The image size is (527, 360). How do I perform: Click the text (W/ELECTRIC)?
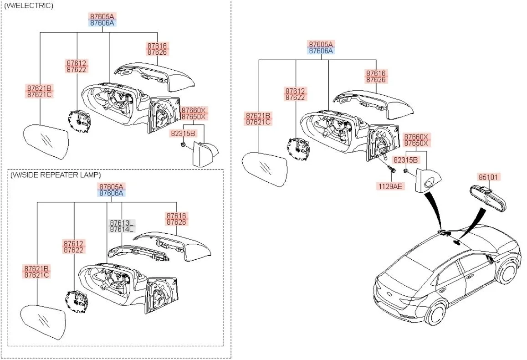click(x=28, y=5)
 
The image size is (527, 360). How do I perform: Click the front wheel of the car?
click(x=506, y=272)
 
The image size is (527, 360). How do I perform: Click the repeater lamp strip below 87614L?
click(x=137, y=254)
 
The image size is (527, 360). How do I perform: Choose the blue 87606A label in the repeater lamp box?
click(x=111, y=193)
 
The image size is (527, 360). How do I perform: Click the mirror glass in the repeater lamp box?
click(x=44, y=322)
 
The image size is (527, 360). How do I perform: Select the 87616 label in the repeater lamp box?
click(x=176, y=216)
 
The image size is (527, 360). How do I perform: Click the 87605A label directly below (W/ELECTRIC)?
click(x=102, y=16)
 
